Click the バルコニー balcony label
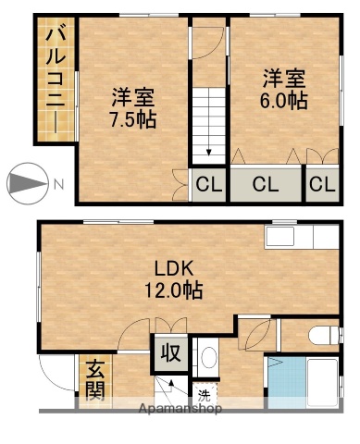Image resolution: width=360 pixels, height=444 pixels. pyautogui.click(x=53, y=81)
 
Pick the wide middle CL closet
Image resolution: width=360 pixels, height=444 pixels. pyautogui.click(x=267, y=184)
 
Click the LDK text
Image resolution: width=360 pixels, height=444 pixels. pyautogui.click(x=172, y=269)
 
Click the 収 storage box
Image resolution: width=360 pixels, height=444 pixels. pyautogui.click(x=171, y=351)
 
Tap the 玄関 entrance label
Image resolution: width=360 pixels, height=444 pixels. pyautogui.click(x=95, y=379)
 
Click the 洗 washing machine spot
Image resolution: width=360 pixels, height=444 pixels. pyautogui.click(x=205, y=391)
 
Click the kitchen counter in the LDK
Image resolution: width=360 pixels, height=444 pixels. pyautogui.click(x=299, y=239)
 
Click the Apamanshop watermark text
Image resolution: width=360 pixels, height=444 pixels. pyautogui.click(x=180, y=408)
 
